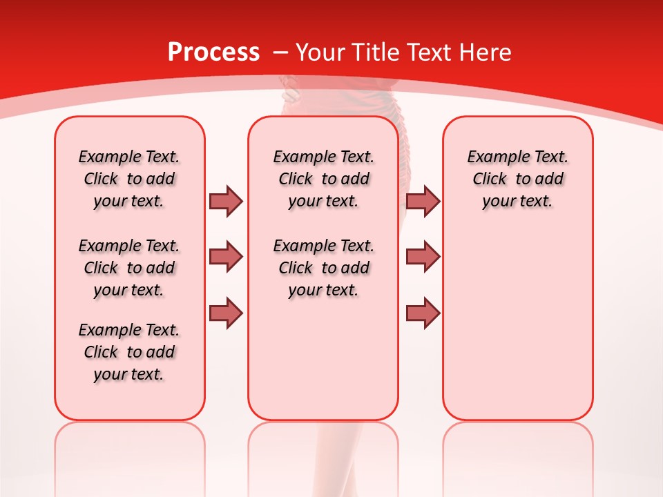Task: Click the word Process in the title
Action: click(x=213, y=52)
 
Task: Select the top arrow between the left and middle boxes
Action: click(x=226, y=201)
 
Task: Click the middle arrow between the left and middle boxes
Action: click(x=226, y=257)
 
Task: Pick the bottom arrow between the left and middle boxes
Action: click(x=226, y=313)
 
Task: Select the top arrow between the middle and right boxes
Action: click(x=423, y=201)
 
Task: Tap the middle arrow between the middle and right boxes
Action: click(x=423, y=257)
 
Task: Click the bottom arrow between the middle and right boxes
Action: click(x=423, y=313)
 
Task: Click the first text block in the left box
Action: click(x=129, y=179)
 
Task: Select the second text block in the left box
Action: click(x=129, y=268)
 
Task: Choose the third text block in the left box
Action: click(x=129, y=352)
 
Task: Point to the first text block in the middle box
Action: click(x=323, y=179)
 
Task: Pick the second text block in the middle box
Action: click(x=323, y=268)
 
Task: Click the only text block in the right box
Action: click(x=517, y=179)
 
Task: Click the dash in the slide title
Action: click(x=280, y=52)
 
